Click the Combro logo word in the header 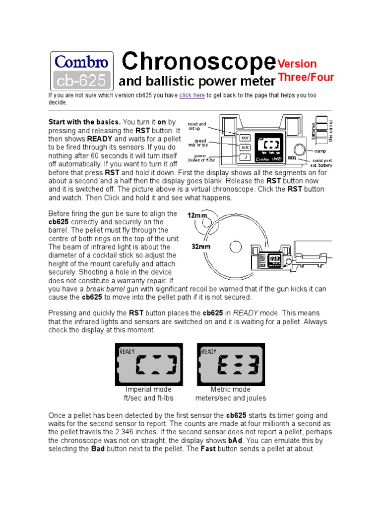(82, 62)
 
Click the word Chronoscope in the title (198, 62)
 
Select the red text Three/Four (306, 77)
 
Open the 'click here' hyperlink (192, 96)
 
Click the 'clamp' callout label (320, 151)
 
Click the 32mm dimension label (202, 246)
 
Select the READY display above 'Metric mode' (231, 364)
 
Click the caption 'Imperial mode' (149, 390)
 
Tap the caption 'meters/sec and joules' (231, 398)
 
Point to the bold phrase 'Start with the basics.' (84, 122)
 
